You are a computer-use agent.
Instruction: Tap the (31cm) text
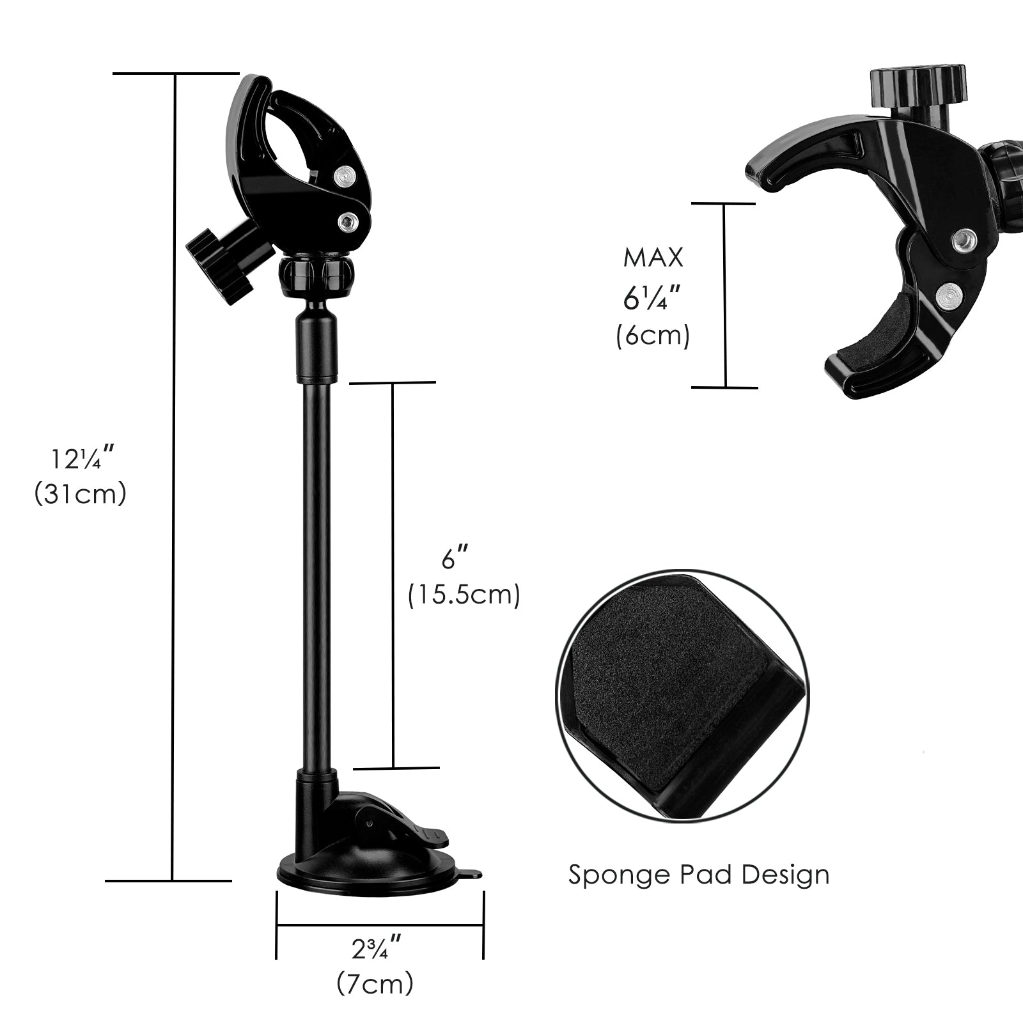tap(81, 494)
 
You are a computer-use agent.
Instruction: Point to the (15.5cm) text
tap(464, 595)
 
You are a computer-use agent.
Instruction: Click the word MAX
tap(653, 258)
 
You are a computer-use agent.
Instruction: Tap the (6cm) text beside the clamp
tap(653, 336)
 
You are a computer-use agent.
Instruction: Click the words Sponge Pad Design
tap(699, 874)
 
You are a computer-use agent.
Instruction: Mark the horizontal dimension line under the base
tap(379, 925)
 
